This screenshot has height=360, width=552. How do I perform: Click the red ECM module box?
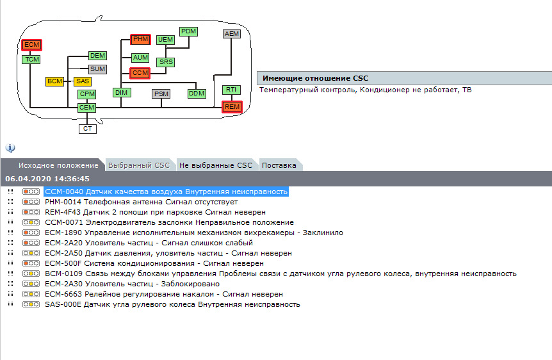tap(31, 45)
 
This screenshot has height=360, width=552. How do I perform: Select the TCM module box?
tap(31, 60)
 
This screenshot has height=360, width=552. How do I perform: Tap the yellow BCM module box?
tap(55, 81)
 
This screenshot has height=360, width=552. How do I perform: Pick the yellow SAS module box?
tap(83, 81)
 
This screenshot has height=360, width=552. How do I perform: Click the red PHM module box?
tap(140, 40)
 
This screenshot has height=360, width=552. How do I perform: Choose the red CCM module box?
tap(140, 73)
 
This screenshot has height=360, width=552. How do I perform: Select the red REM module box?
tap(232, 107)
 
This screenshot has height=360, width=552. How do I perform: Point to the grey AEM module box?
tap(232, 34)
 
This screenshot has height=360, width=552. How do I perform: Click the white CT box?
tap(88, 129)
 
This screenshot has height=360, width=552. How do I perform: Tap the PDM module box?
tap(189, 31)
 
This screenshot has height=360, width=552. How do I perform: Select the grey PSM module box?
tap(161, 94)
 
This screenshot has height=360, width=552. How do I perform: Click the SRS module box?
tap(166, 62)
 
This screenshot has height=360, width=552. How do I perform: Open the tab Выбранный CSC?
tap(139, 165)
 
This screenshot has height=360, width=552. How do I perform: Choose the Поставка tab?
tap(279, 165)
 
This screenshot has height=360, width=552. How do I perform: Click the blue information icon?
tap(10, 148)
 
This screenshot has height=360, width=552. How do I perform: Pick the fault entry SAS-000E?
tap(172, 304)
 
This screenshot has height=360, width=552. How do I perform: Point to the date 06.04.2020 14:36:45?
tap(47, 179)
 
